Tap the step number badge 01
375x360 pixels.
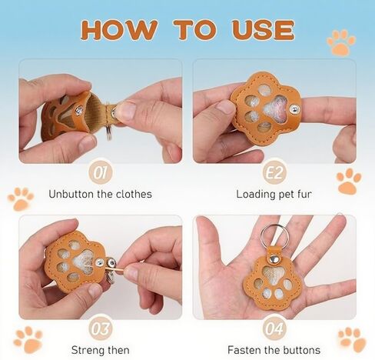[101, 170]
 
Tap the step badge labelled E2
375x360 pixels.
[274, 170]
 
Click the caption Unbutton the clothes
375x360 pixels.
[100, 194]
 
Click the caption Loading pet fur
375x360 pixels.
[274, 194]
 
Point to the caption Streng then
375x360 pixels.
[100, 351]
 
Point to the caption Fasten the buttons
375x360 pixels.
[274, 351]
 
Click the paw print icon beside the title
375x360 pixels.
[340, 42]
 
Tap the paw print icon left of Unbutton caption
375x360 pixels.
[21, 198]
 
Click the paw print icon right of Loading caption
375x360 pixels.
[348, 182]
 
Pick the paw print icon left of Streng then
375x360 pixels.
[28, 338]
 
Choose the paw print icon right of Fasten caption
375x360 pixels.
[352, 338]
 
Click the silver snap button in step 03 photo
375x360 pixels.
[111, 265]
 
